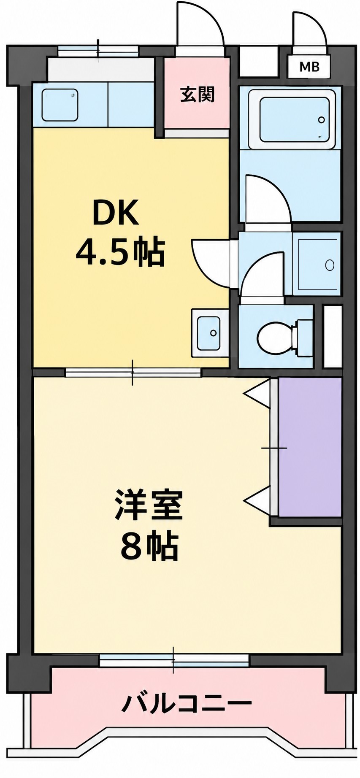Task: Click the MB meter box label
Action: (309, 66)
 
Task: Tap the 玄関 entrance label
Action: (198, 95)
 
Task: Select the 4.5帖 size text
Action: (120, 253)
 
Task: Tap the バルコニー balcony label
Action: (187, 703)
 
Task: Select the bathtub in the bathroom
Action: (294, 119)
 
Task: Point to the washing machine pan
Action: (318, 265)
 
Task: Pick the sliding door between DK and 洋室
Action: (133, 373)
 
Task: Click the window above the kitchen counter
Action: (98, 51)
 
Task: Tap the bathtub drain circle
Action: (322, 120)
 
